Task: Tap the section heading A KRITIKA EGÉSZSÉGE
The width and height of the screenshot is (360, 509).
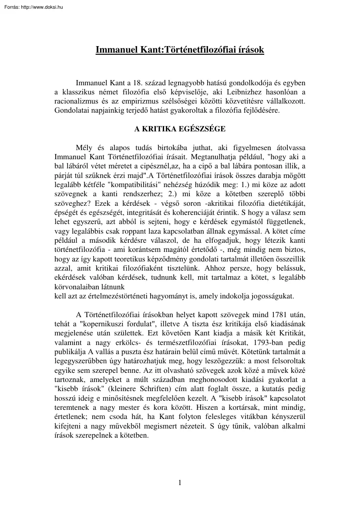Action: click(180, 129)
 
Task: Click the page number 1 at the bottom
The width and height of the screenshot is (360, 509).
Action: click(180, 482)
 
